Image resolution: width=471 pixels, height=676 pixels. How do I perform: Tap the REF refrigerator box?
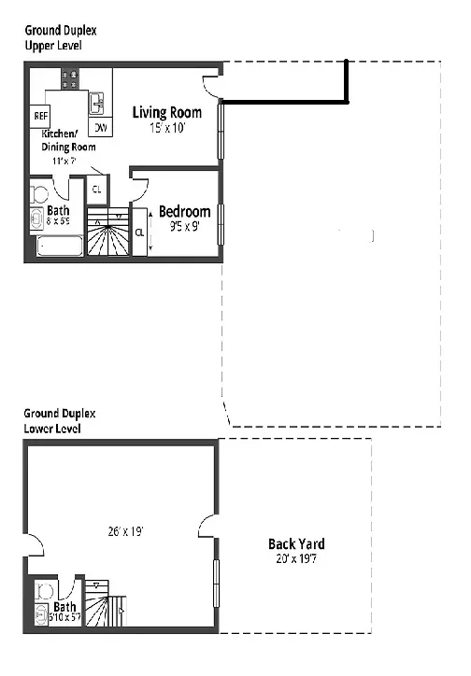40,116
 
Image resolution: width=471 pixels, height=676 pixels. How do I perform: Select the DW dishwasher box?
98,127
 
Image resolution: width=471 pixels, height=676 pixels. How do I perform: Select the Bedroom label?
184,211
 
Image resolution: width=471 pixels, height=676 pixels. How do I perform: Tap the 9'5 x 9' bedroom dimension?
183,226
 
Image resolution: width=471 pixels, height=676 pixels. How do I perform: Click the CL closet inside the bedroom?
139,232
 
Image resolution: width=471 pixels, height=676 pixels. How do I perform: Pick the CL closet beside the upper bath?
96,190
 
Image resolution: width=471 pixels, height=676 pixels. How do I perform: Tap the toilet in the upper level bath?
38,195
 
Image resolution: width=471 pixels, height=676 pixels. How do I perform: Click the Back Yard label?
296,543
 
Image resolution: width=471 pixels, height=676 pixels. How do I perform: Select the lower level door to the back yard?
207,532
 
